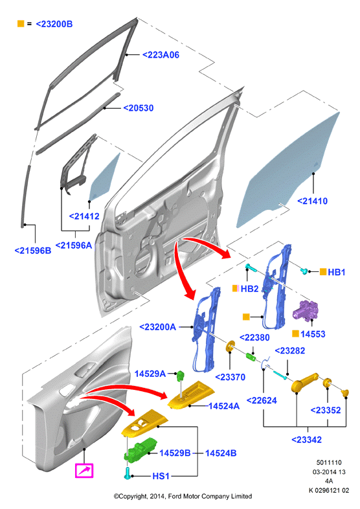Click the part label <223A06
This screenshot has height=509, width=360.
pos(161,55)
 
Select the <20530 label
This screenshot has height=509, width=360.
pos(139,108)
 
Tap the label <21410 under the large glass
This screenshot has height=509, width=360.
pos(312,201)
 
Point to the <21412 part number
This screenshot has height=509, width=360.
pos(84,216)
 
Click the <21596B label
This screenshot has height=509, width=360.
pos(33,251)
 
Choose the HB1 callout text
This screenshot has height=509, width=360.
pos(336,272)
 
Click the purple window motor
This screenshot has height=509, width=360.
pos(306,311)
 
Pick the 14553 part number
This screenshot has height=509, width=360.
pos(313,334)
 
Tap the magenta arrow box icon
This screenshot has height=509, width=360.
pos(84,471)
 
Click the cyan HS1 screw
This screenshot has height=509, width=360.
pos(128,473)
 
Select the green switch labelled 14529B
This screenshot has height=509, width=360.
pos(141,449)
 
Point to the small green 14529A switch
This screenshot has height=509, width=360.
pos(181,376)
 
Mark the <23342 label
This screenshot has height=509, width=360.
pos(306,440)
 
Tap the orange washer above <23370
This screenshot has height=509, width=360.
pos(231,346)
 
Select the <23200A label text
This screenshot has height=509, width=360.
pos(157,327)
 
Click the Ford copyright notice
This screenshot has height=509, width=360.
pos(183,496)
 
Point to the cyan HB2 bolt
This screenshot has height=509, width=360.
pos(251,267)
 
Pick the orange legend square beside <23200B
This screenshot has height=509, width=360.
pos(21,24)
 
